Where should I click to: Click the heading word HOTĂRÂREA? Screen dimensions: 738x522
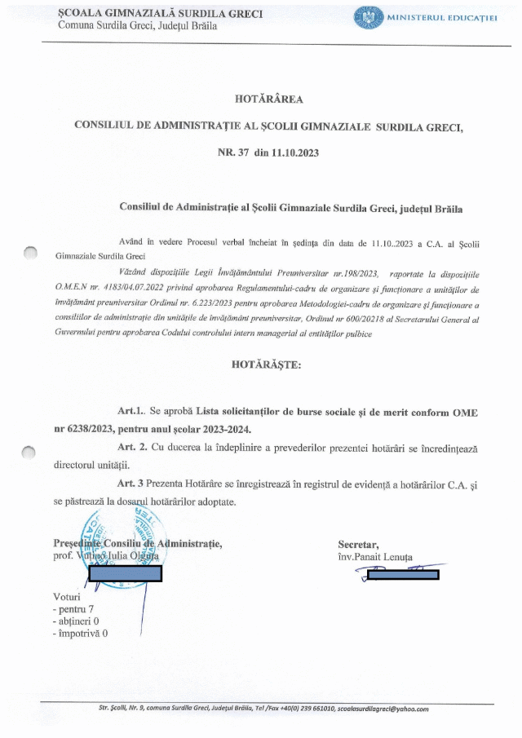[x=268, y=99]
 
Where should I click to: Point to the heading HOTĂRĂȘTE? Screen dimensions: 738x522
[x=266, y=364]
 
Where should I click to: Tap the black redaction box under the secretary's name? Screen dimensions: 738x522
[x=403, y=574]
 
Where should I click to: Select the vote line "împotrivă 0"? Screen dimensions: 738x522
[x=80, y=633]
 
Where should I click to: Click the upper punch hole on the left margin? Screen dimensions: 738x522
[x=30, y=254]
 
